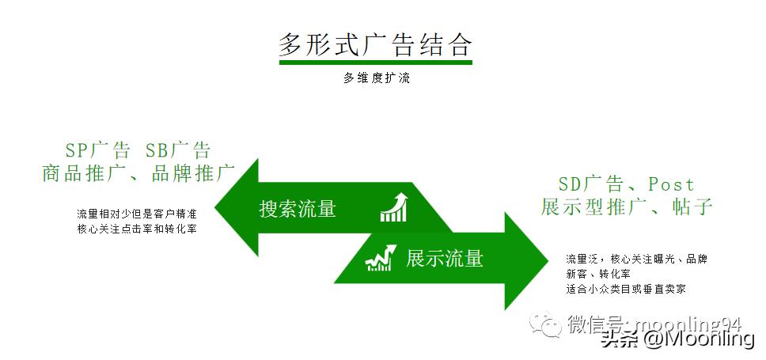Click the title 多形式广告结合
[375, 44]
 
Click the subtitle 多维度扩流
[376, 78]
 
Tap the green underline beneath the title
[375, 62]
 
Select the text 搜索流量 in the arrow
[298, 209]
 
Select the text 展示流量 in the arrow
[444, 258]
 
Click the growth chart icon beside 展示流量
[379, 258]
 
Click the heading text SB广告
[178, 150]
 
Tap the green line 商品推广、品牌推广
[138, 172]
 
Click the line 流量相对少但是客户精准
[137, 214]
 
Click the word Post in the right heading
[671, 184]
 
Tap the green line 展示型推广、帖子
[628, 207]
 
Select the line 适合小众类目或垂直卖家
[626, 289]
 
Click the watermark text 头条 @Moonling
[677, 339]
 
